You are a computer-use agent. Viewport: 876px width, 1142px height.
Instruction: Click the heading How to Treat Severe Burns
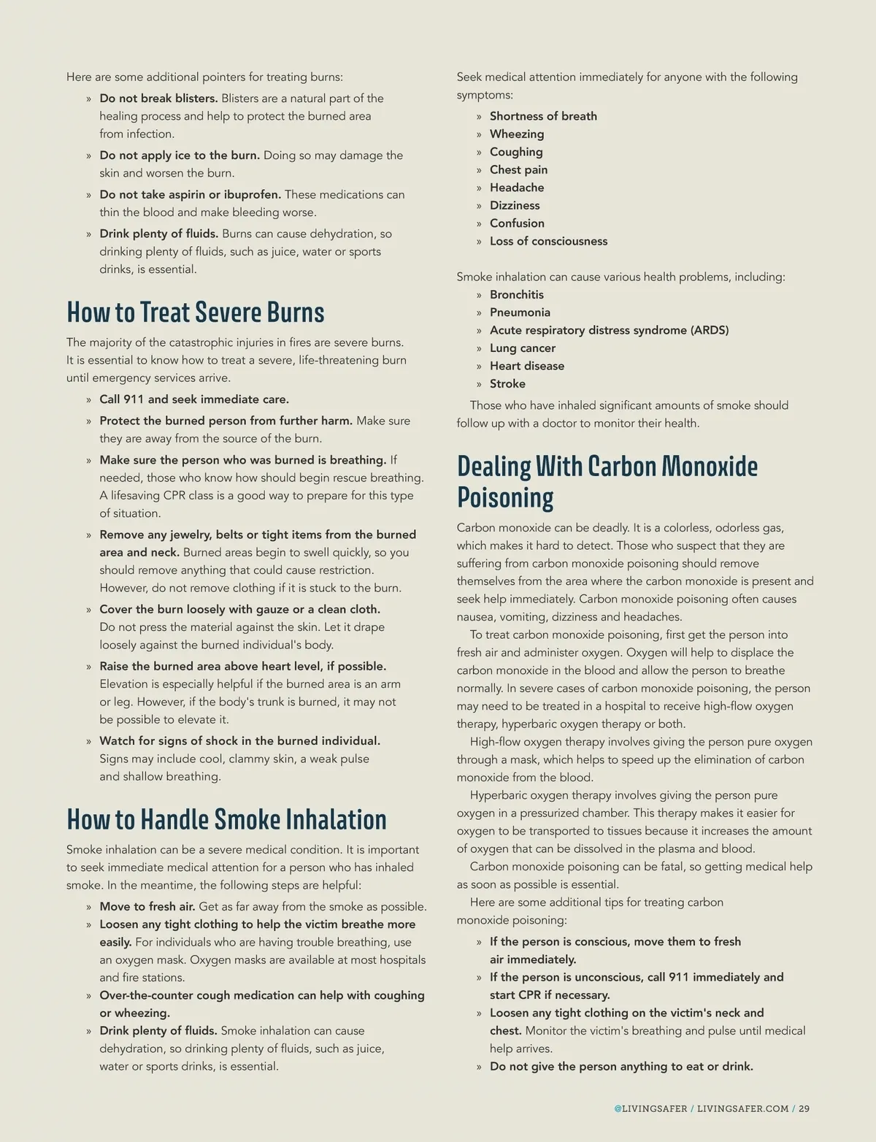(x=195, y=313)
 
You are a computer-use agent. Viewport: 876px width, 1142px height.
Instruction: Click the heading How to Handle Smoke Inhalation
(x=226, y=820)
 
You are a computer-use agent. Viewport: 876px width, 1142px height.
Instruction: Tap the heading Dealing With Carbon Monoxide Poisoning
(x=607, y=481)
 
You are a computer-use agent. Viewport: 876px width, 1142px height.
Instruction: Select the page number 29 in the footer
(x=804, y=1108)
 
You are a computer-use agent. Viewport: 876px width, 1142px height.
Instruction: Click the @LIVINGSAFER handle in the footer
(x=650, y=1108)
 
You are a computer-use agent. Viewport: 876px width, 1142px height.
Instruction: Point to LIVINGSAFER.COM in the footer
(x=742, y=1108)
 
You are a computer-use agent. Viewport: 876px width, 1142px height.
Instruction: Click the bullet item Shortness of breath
(x=543, y=116)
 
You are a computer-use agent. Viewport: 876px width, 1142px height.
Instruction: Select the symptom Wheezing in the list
(x=517, y=134)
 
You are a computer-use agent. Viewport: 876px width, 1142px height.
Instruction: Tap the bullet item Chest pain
(x=518, y=170)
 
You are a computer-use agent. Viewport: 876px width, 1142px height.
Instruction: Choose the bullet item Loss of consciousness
(x=548, y=242)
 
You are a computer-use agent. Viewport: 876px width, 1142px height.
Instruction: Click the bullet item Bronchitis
(x=516, y=295)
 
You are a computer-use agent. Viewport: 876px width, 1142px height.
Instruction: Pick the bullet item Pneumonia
(x=520, y=313)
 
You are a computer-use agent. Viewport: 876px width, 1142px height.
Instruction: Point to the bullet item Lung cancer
(x=522, y=348)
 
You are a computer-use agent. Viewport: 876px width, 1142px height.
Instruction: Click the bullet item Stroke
(x=507, y=384)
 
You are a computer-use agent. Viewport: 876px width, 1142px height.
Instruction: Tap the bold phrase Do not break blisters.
(x=158, y=99)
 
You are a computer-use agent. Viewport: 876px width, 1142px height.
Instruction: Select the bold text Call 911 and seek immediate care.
(x=194, y=399)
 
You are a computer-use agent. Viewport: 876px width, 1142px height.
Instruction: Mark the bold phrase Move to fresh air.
(x=147, y=907)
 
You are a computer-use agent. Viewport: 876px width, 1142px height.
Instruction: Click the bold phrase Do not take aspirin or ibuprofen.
(x=190, y=195)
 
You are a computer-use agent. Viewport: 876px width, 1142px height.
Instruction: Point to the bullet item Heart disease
(x=526, y=367)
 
